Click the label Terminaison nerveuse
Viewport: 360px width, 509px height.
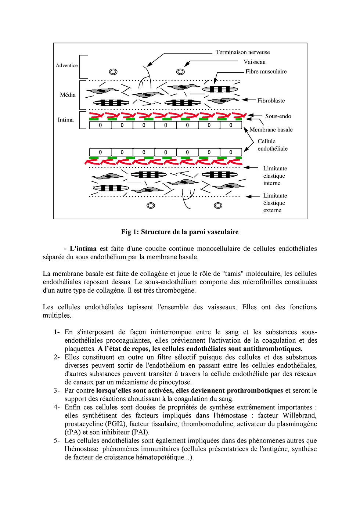(242, 52)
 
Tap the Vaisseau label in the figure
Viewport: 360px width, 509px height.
(254, 62)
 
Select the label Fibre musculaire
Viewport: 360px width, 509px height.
(266, 72)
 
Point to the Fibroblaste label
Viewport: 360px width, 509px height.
(271, 101)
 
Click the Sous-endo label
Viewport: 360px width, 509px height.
(278, 116)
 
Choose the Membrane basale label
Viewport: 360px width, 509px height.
(271, 130)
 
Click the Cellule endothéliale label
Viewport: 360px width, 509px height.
(272, 145)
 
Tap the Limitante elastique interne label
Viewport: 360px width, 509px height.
(275, 176)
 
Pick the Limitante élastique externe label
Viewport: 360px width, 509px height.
(275, 203)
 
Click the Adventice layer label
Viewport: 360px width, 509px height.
(66, 65)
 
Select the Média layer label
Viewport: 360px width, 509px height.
(68, 95)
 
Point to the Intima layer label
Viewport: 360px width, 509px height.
(65, 120)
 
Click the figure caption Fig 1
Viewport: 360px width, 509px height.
(180, 232)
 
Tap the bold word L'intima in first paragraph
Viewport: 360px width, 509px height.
(83, 249)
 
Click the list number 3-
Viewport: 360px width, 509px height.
(57, 390)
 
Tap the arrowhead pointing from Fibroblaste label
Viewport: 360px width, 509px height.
(243, 100)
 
